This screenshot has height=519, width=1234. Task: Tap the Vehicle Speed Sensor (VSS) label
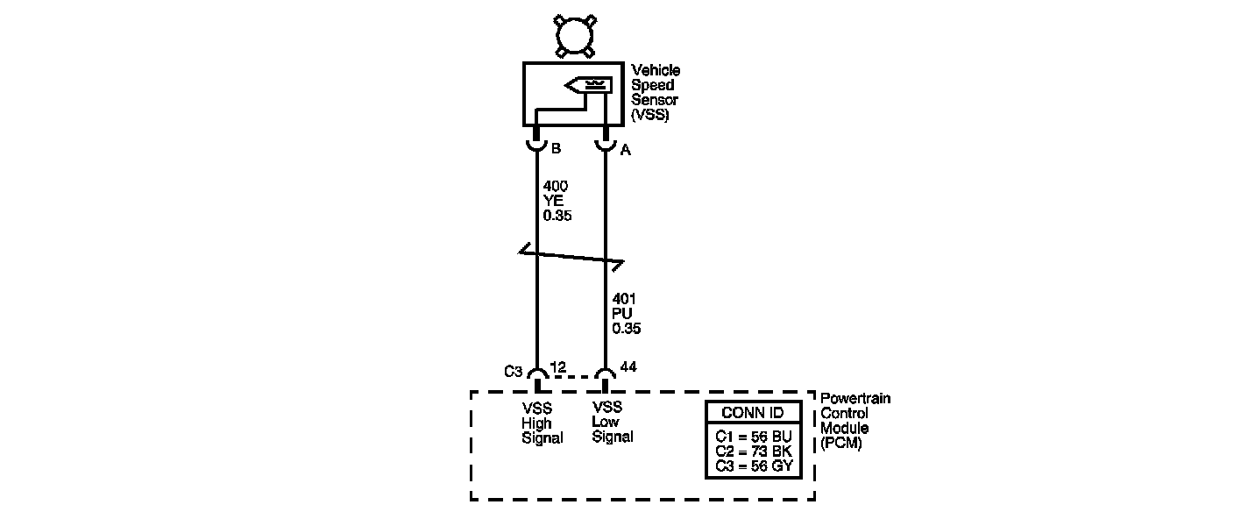[655, 92]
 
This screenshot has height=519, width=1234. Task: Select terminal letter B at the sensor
[556, 149]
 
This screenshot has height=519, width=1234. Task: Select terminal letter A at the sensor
[625, 150]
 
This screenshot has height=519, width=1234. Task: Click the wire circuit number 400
[556, 186]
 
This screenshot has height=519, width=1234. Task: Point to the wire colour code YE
[553, 200]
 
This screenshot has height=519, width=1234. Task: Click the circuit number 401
[624, 299]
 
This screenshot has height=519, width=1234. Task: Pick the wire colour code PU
[622, 314]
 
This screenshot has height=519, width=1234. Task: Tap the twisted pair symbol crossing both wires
[571, 258]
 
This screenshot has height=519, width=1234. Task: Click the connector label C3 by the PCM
[514, 371]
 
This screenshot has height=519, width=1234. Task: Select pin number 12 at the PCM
[557, 367]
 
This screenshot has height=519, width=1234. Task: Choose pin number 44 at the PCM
[628, 366]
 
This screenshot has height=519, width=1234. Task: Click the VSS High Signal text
[541, 423]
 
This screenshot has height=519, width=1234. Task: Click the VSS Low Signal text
[611, 422]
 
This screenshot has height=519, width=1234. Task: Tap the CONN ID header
[753, 413]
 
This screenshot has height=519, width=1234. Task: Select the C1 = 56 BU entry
[753, 435]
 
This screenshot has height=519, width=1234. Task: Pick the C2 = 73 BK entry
[753, 451]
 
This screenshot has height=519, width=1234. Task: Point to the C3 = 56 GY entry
[753, 466]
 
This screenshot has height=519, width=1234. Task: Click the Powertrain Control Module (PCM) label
[855, 421]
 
